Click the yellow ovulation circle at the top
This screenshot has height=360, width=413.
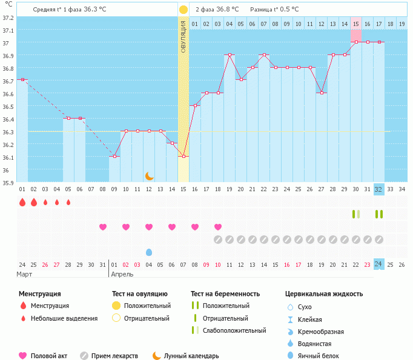point(183,10)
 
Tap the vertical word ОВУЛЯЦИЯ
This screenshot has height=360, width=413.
point(183,36)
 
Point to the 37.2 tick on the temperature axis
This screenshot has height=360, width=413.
point(8,18)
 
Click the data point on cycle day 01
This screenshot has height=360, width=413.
point(22,79)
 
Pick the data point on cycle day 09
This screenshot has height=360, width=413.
point(114,156)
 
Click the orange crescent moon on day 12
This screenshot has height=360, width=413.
point(149,176)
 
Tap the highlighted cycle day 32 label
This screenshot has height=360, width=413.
point(378,189)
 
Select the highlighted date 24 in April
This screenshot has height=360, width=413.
point(378,264)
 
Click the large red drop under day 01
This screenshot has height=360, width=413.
point(22,202)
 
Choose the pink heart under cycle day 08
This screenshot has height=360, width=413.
point(103,227)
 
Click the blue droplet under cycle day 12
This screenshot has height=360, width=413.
point(149,252)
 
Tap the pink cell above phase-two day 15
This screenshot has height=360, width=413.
point(356,35)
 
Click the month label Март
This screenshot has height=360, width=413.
point(25,274)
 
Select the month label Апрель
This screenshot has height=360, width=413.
point(122,274)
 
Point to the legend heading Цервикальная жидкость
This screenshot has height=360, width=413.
point(323,294)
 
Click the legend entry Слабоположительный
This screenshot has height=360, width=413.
point(234,330)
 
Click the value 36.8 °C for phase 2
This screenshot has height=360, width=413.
point(227,10)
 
